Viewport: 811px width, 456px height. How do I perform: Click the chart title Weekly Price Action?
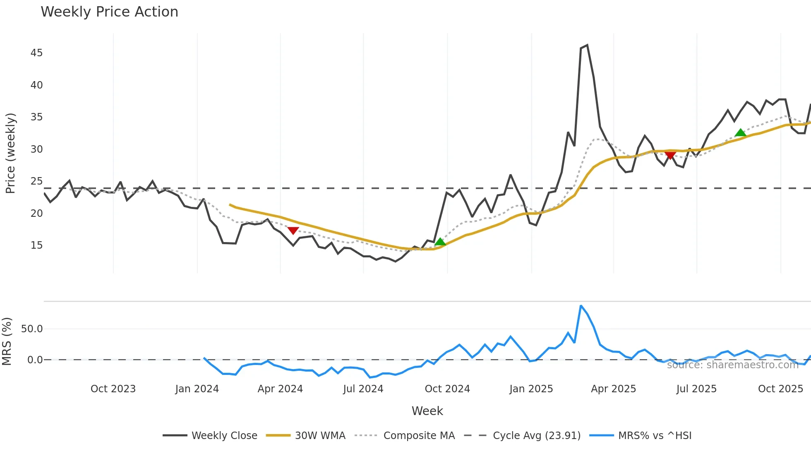pos(109,12)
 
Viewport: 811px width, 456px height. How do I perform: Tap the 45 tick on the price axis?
pos(36,53)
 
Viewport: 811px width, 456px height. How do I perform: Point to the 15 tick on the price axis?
pos(36,245)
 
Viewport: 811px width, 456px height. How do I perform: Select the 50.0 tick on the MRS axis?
pos(32,329)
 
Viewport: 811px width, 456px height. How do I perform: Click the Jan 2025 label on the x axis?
pos(531,389)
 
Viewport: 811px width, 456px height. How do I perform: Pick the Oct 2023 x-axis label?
pos(113,389)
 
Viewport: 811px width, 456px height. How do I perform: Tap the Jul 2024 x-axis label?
pos(363,389)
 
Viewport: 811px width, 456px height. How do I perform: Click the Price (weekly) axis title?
pos(10,153)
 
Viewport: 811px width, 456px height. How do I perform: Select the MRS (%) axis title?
pos(7,341)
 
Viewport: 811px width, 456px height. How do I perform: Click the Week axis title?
pos(427,411)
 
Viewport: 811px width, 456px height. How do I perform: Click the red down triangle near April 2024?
pos(293,230)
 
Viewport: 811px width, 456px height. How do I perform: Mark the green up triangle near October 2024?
pos(440,242)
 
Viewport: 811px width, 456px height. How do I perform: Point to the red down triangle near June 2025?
pos(670,155)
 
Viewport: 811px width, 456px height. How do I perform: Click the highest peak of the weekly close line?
pos(587,45)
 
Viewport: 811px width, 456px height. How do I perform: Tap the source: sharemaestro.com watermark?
pos(732,365)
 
